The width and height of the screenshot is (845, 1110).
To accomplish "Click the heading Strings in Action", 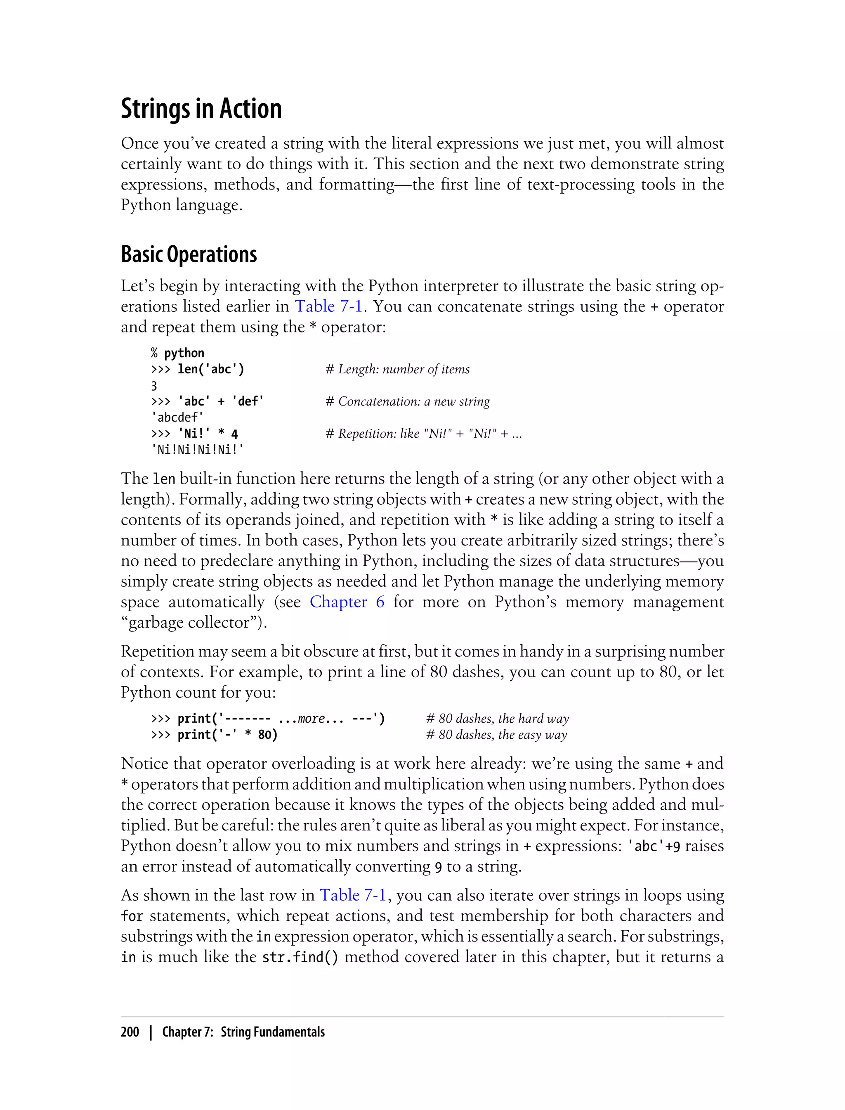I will pos(201,109).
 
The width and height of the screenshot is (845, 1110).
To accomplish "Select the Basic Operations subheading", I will pos(189,255).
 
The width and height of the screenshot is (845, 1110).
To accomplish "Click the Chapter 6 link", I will pos(347,602).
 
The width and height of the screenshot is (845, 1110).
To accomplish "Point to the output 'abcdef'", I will pos(177,417).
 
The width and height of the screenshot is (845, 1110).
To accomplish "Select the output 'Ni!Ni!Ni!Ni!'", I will pos(197,450).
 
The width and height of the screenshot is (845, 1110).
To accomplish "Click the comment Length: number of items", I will pos(397,370).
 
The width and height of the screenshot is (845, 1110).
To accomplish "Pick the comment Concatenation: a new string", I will pos(407,401).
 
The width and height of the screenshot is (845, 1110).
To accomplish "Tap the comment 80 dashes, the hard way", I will pos(497,719).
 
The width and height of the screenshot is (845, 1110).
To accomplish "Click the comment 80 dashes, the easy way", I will pos(496,735).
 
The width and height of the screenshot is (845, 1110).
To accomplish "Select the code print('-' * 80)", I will pos(227,735).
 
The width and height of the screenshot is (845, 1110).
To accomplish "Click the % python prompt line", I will pos(177,353).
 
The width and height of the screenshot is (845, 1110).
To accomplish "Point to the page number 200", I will pos(130,1032).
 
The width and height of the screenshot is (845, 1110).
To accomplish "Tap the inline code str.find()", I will pos(300,957).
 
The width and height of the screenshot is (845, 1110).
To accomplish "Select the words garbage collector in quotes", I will pos(194,623).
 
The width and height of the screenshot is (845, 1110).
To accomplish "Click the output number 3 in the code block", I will pos(154,386).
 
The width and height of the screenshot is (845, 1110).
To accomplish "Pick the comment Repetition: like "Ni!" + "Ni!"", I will pos(423,434).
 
